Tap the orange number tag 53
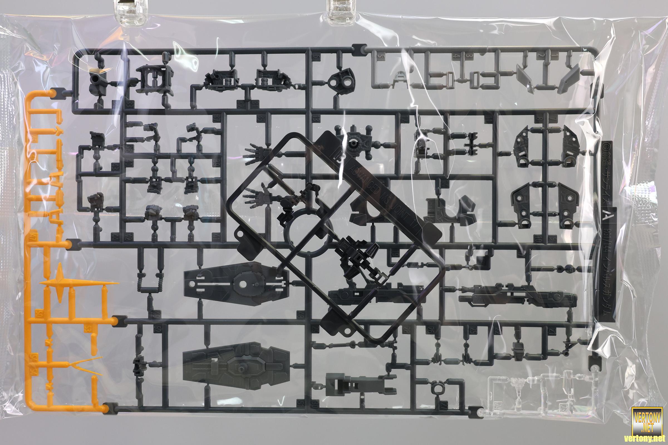click(87, 329)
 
